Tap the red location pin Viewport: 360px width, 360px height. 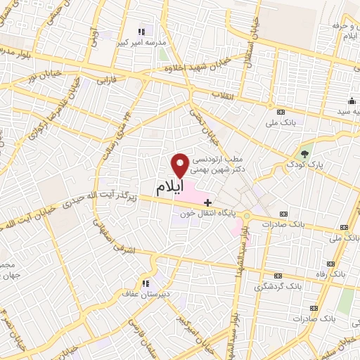coord(181,165)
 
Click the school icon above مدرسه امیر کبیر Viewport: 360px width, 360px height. coord(141,31)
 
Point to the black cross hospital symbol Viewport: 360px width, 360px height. coord(207,202)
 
